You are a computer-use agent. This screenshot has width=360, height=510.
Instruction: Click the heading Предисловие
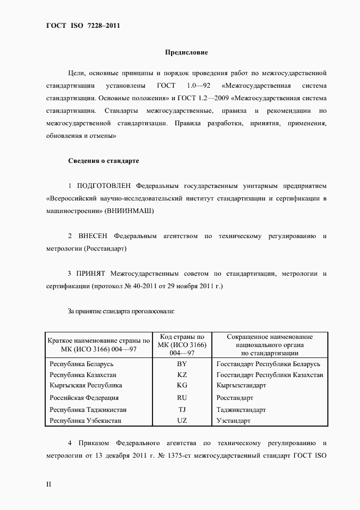tap(186, 53)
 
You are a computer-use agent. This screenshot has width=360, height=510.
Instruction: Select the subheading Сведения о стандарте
tap(103, 161)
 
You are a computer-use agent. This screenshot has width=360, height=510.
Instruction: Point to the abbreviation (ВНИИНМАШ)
tap(131, 211)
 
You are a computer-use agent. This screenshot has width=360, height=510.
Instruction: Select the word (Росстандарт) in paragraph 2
tap(106, 248)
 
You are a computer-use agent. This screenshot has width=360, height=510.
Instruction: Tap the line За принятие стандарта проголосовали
tap(121, 311)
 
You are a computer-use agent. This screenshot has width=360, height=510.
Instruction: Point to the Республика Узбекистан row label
tap(86, 421)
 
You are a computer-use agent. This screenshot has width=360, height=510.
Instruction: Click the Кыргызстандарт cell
tap(241, 385)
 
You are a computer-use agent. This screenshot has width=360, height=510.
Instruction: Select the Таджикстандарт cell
tap(241, 409)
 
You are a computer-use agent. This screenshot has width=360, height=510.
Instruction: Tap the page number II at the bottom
tap(48, 484)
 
